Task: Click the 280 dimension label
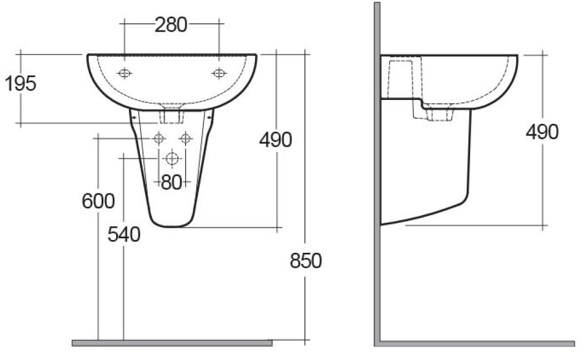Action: click(x=171, y=25)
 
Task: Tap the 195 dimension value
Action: click(x=21, y=83)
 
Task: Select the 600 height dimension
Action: click(x=98, y=202)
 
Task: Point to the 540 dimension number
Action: click(x=124, y=234)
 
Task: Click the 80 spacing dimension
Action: click(x=172, y=182)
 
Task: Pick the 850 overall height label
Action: click(x=306, y=261)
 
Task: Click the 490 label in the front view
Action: click(x=276, y=140)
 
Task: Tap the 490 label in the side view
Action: click(x=542, y=132)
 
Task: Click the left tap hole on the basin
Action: click(x=124, y=73)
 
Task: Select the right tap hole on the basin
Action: click(x=219, y=73)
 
